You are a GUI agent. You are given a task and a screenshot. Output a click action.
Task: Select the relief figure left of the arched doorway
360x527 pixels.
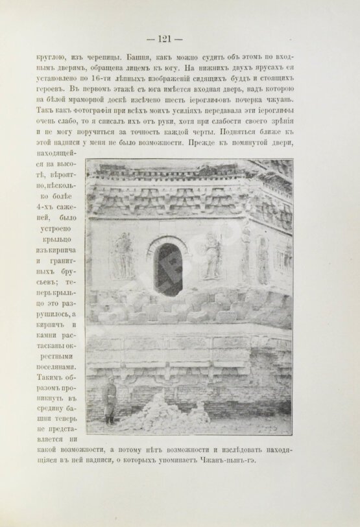(121, 256)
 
